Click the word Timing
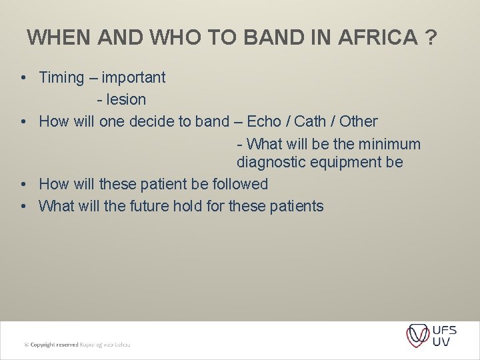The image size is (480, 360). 62,78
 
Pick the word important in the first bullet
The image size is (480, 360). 133,78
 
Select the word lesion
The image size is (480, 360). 126,100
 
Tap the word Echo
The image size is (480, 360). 264,122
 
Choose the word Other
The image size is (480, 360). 359,122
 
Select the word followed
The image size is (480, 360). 241,184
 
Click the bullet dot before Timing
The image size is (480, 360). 23,78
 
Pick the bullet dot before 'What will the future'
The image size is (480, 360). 23,206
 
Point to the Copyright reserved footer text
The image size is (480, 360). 77,345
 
